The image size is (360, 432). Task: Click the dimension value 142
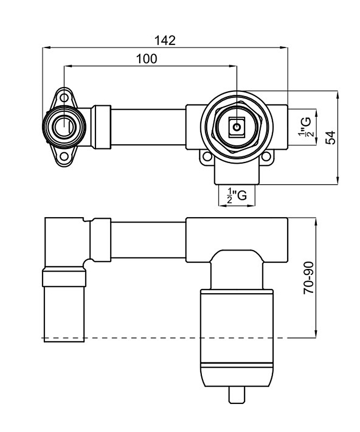[x=165, y=40]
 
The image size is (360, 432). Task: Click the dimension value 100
[x=146, y=59]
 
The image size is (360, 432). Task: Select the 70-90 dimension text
[x=308, y=278]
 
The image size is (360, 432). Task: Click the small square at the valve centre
[x=236, y=129]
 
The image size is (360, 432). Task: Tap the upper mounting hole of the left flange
[x=64, y=98]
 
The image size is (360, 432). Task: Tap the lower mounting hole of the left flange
[x=64, y=158]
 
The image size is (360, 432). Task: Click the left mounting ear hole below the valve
[x=207, y=158]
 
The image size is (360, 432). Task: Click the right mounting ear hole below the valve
[x=266, y=158]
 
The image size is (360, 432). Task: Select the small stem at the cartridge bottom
[x=237, y=395]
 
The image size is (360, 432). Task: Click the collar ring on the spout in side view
[x=64, y=278]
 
